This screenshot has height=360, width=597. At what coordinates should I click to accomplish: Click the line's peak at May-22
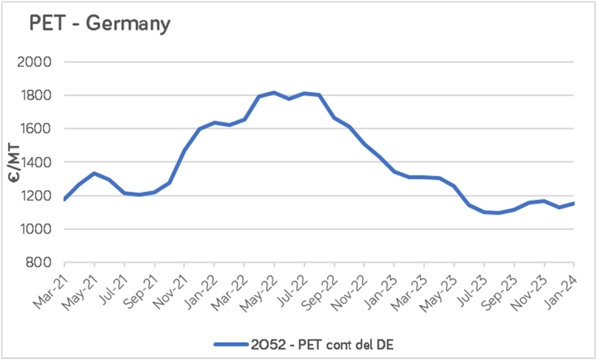click(274, 92)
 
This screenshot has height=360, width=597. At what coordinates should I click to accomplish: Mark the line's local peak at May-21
click(94, 173)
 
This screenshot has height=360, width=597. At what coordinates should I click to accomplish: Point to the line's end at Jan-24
click(574, 203)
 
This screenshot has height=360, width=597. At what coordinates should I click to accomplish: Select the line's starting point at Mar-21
click(64, 200)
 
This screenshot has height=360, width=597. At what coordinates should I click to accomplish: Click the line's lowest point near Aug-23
click(499, 213)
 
